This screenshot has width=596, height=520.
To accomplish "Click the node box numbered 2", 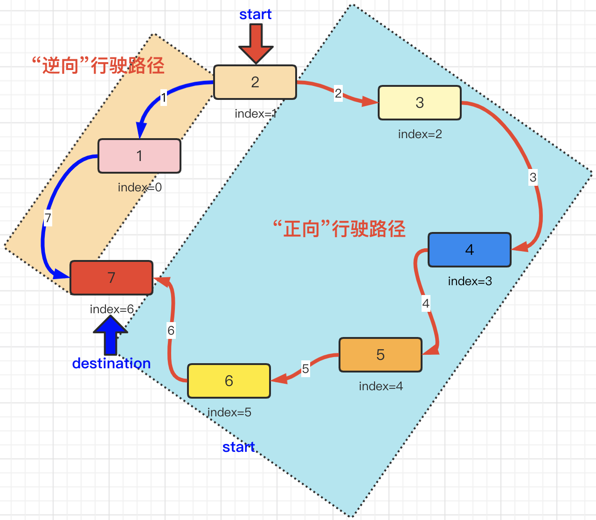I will (x=255, y=82).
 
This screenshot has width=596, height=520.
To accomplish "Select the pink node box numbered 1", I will (x=139, y=156).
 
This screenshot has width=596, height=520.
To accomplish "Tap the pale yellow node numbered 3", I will (x=419, y=103).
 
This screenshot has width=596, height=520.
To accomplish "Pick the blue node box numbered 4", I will (x=469, y=250).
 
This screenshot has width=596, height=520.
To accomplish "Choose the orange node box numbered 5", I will (x=380, y=355).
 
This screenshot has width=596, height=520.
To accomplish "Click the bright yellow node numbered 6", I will (x=229, y=381).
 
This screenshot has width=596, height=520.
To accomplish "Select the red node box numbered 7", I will (x=111, y=278).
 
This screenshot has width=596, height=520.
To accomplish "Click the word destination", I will (x=111, y=363).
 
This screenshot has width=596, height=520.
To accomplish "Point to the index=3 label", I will (x=470, y=281).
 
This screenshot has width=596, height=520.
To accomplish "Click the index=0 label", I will (x=139, y=187).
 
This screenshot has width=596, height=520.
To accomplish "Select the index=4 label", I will (x=381, y=386).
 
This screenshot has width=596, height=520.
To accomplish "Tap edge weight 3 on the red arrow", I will (x=533, y=177).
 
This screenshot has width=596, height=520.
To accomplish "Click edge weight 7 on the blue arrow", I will (x=48, y=218).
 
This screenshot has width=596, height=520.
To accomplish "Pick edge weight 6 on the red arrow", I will (x=171, y=330).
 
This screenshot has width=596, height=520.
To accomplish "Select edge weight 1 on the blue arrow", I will (x=163, y=98).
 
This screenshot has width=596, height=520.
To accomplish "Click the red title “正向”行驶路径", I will (x=339, y=229).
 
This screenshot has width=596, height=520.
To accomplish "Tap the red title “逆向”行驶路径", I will (x=98, y=65).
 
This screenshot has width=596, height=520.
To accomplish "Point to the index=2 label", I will (x=420, y=134).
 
